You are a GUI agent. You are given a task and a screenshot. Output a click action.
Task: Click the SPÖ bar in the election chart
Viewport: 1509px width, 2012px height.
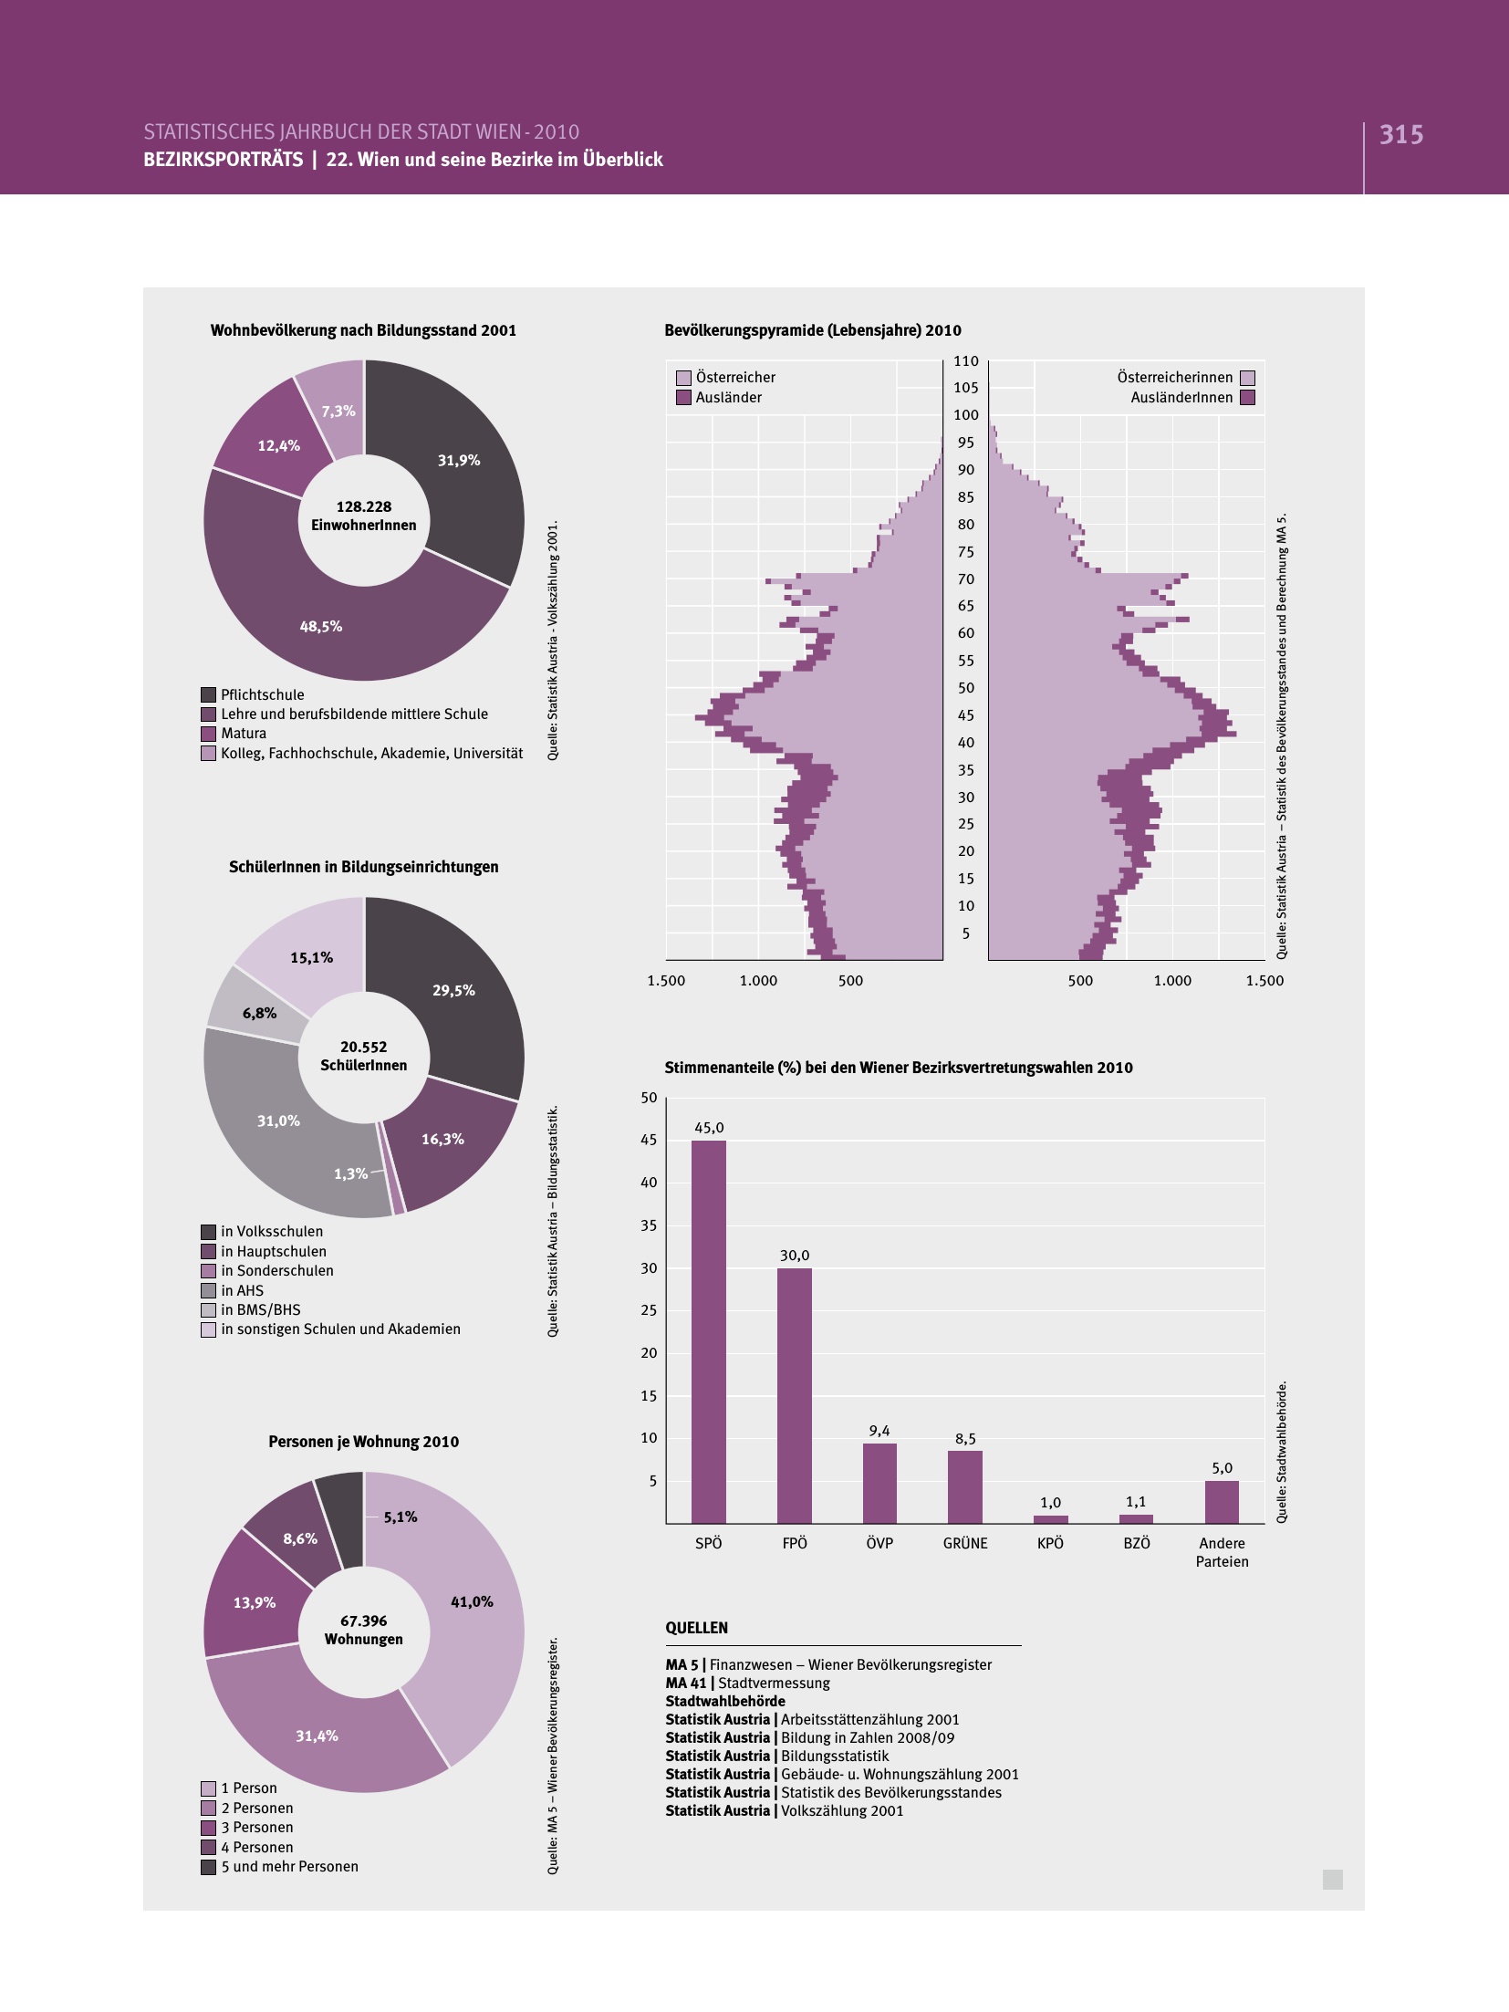pos(708,1331)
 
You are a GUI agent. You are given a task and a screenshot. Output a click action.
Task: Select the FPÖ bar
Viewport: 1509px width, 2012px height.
pos(794,1395)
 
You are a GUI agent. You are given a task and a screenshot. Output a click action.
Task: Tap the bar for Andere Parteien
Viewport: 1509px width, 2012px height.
pos(1222,1502)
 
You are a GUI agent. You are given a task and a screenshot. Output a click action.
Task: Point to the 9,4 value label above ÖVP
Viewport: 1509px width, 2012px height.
pos(879,1431)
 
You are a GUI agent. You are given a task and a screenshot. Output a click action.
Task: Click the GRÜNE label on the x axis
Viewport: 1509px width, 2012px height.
pos(965,1543)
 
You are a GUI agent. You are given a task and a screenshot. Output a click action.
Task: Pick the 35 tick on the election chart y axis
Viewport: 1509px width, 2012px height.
pos(649,1225)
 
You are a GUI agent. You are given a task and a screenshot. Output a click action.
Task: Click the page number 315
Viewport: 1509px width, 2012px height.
pos(1401,135)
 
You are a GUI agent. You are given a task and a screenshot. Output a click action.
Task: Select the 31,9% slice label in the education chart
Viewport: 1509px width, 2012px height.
pos(458,460)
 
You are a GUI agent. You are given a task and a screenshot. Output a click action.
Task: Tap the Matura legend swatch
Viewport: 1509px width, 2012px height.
pos(208,734)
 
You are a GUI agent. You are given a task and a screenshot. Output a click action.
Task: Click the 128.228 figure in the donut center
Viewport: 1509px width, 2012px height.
pos(363,506)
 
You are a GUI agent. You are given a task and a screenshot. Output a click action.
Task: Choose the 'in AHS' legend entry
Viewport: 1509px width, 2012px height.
pos(241,1290)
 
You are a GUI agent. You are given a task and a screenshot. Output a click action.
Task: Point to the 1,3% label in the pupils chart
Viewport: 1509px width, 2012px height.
pos(350,1173)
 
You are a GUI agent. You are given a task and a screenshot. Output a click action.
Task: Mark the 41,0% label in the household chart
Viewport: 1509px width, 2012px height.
pos(472,1601)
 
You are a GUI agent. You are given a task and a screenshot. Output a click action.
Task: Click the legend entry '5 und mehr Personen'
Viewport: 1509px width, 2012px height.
pos(289,1866)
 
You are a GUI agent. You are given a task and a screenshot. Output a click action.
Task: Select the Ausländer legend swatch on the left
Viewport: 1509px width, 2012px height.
pos(683,398)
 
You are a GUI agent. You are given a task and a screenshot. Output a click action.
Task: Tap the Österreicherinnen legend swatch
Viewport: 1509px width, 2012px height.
pos(1247,378)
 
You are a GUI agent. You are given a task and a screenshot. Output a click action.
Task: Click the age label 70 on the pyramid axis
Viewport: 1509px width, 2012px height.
pos(965,579)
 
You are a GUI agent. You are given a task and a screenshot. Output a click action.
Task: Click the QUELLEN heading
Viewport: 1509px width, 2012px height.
pos(697,1628)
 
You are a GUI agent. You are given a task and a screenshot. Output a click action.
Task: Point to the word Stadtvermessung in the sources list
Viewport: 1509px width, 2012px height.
pos(774,1683)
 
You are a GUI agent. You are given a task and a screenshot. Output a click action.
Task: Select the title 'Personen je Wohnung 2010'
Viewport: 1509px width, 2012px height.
pos(363,1442)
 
